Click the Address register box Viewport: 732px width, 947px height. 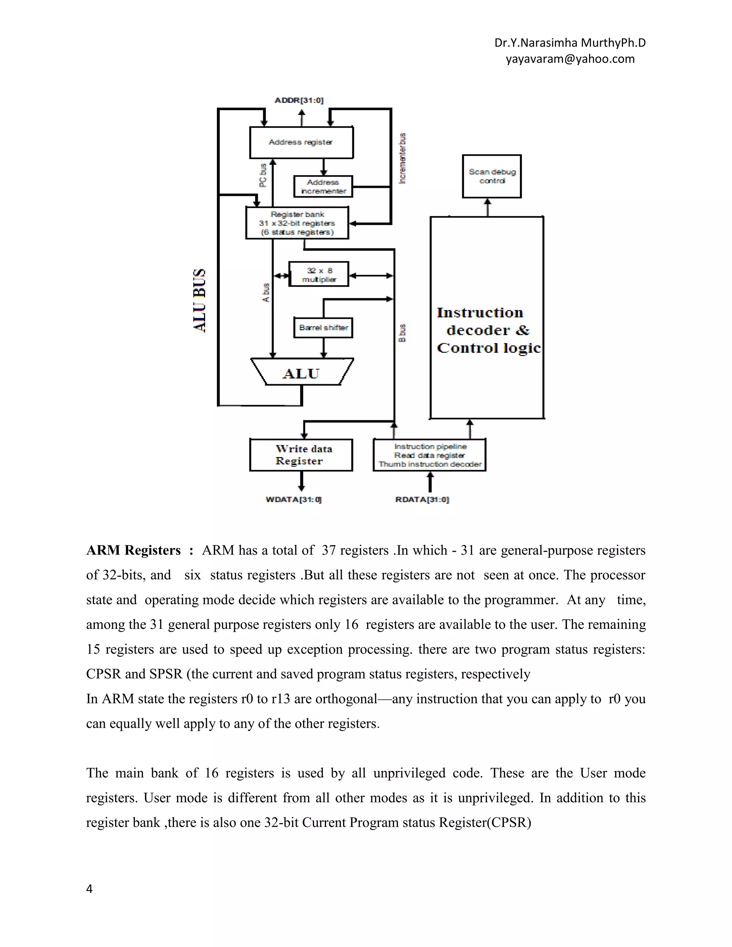pos(301,142)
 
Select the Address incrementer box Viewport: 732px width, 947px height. pos(323,187)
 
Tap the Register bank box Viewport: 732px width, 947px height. pos(297,223)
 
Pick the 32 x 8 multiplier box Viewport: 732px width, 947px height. pos(319,274)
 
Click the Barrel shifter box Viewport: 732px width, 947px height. pos(323,327)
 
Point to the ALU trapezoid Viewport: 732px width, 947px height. pos(302,372)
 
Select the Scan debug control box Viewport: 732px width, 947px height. pos(492,176)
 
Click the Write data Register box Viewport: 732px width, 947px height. pos(301,455)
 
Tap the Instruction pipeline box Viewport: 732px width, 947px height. pos(429,455)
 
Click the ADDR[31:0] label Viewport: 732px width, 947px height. pos(299,100)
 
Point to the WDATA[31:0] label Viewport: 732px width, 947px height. pos(293,500)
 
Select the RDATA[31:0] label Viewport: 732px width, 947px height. pos(422,500)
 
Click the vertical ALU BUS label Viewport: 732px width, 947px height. pos(199,300)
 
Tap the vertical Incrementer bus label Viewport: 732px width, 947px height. pos(402,158)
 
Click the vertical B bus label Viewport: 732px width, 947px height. pos(402,333)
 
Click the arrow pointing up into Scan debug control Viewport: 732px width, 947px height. pos(488,207)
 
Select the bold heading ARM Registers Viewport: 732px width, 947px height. pos(134,550)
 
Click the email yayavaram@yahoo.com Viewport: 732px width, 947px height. pos(570,59)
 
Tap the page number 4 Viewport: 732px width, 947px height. pos(89,889)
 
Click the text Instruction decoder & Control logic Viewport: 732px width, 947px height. pos(488,331)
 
